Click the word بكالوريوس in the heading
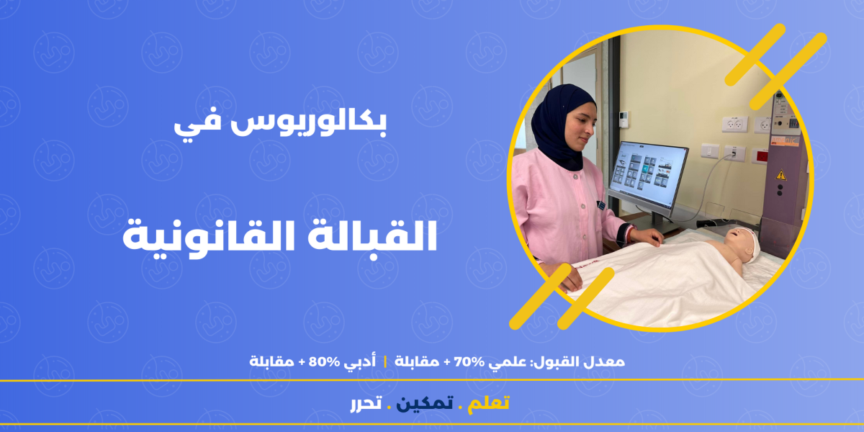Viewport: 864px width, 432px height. pos(309,122)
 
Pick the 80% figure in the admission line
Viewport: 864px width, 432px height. pos(324,362)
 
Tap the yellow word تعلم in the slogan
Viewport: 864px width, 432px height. pos(488,403)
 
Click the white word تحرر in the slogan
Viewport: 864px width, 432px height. pos(366,404)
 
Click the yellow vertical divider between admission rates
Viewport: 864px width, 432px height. pos(385,362)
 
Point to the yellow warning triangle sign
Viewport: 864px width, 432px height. pos(780,175)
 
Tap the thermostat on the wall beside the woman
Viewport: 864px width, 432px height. pos(624,119)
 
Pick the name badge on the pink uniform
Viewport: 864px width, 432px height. pos(600,205)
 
